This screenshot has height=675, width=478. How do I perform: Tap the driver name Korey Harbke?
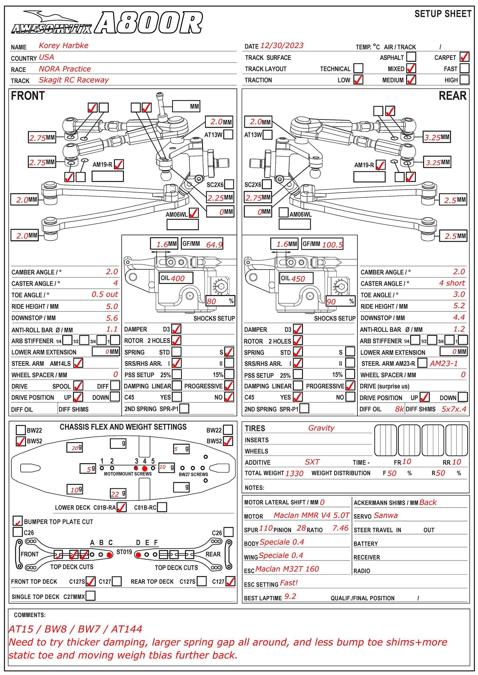point(63,45)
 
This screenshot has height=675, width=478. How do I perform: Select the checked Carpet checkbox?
point(464,57)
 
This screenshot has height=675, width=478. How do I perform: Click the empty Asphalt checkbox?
point(411,57)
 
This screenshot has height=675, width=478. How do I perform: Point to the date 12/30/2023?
point(282,45)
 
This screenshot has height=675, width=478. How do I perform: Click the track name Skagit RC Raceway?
point(74,80)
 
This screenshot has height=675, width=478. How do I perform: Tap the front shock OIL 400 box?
point(176,278)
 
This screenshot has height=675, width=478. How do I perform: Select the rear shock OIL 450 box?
point(296,278)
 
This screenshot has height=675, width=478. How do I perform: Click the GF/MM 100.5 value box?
point(322,244)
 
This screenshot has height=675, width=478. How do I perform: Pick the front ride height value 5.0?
point(112,306)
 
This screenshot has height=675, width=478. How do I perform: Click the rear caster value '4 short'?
point(452,283)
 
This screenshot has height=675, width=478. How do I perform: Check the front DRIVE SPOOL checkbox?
point(78,386)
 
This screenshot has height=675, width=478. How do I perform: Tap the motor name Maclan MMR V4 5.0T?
point(311,515)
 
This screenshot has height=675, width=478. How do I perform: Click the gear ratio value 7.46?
point(340,529)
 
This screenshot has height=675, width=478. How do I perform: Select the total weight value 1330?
point(294,473)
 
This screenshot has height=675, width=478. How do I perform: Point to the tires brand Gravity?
point(321,428)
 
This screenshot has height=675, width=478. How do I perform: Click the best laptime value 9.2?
point(290,597)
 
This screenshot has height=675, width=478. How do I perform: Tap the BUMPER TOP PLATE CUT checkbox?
point(18,521)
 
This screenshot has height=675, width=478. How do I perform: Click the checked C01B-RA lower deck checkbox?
point(121,507)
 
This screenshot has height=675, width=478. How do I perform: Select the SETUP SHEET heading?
point(443,14)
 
